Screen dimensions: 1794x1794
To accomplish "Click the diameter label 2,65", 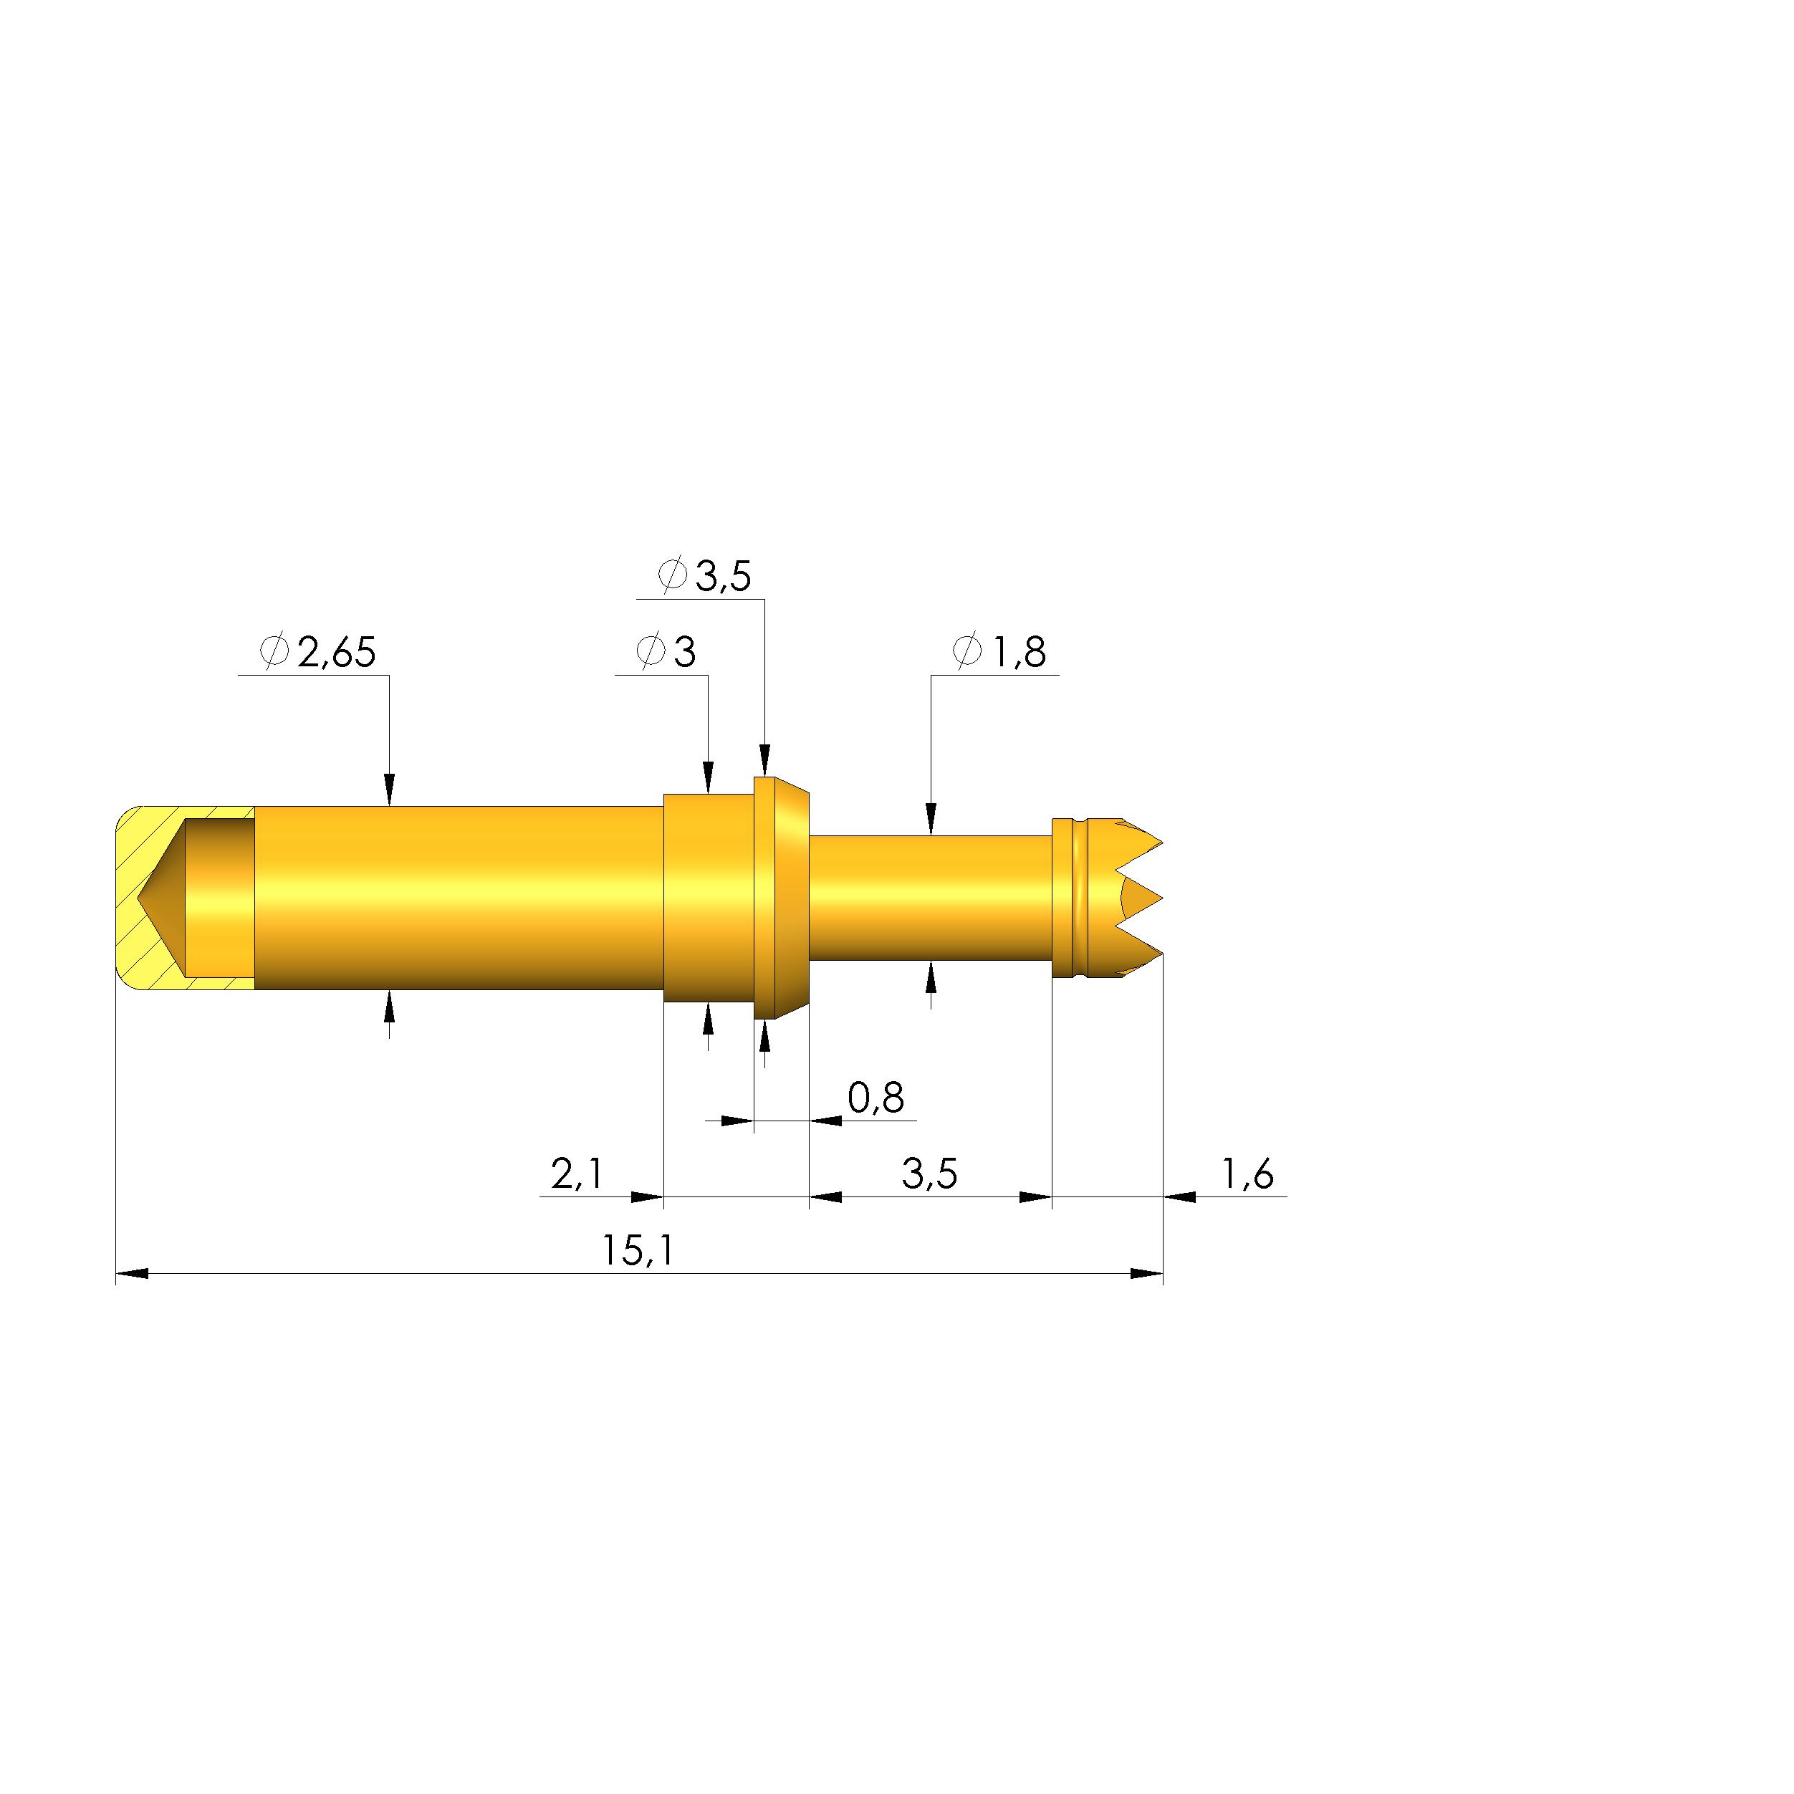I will point(336,653).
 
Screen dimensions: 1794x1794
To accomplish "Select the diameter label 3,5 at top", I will point(722,577).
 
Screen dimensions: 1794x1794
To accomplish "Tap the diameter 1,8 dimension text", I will point(1019,653).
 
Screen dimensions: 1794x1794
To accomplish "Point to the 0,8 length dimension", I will point(876,1098).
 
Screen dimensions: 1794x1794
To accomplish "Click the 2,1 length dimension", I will point(577,1174).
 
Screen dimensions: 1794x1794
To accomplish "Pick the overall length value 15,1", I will point(638,1251).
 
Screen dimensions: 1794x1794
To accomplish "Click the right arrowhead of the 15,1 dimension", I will point(1147,1273).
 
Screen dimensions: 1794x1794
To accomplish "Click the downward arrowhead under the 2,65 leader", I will point(389,790).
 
